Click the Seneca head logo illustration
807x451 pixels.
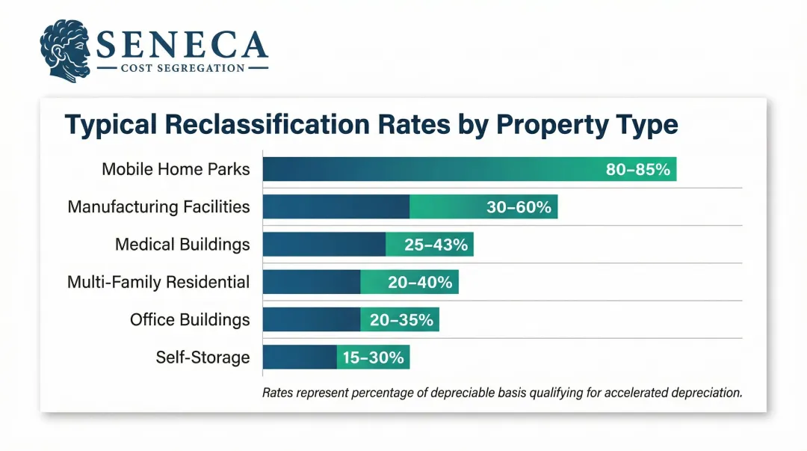click(66, 51)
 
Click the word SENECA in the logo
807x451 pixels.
click(182, 46)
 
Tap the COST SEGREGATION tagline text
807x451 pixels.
click(182, 68)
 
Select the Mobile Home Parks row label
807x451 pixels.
click(176, 169)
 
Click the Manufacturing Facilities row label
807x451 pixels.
click(158, 206)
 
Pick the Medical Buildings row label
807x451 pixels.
click(182, 244)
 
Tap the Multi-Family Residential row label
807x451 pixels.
click(158, 282)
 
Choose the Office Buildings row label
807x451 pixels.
click(190, 319)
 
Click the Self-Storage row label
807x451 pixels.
click(202, 357)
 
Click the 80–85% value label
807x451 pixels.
click(638, 170)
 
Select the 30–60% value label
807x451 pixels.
click(519, 207)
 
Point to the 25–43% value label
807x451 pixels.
click(436, 245)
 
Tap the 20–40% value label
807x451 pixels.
click(420, 282)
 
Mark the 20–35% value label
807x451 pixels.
click(401, 320)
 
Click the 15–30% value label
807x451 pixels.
click(373, 358)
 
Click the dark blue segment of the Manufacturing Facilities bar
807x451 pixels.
click(336, 206)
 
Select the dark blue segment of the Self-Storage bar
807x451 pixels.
click(299, 357)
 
